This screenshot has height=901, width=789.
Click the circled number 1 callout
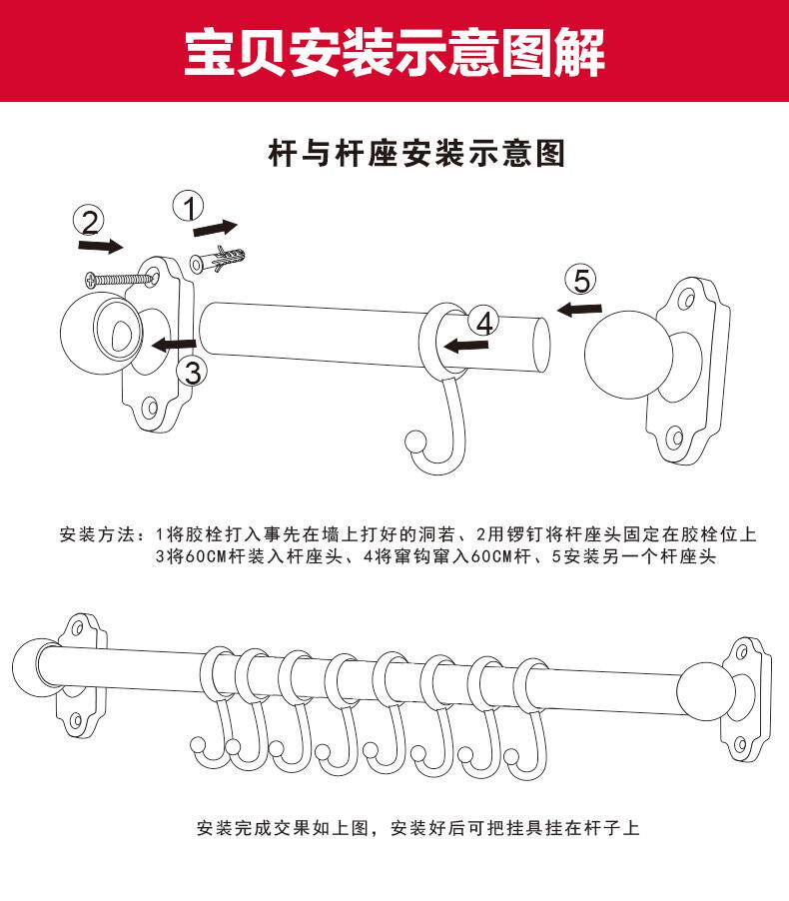187,207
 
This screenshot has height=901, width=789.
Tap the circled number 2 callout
90,220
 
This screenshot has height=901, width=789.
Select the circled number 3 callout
193,372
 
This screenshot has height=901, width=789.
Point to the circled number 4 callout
482,323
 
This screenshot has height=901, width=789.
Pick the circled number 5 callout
581,279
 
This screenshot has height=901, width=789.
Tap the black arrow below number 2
99,244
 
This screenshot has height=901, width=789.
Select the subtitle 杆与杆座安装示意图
417,154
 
